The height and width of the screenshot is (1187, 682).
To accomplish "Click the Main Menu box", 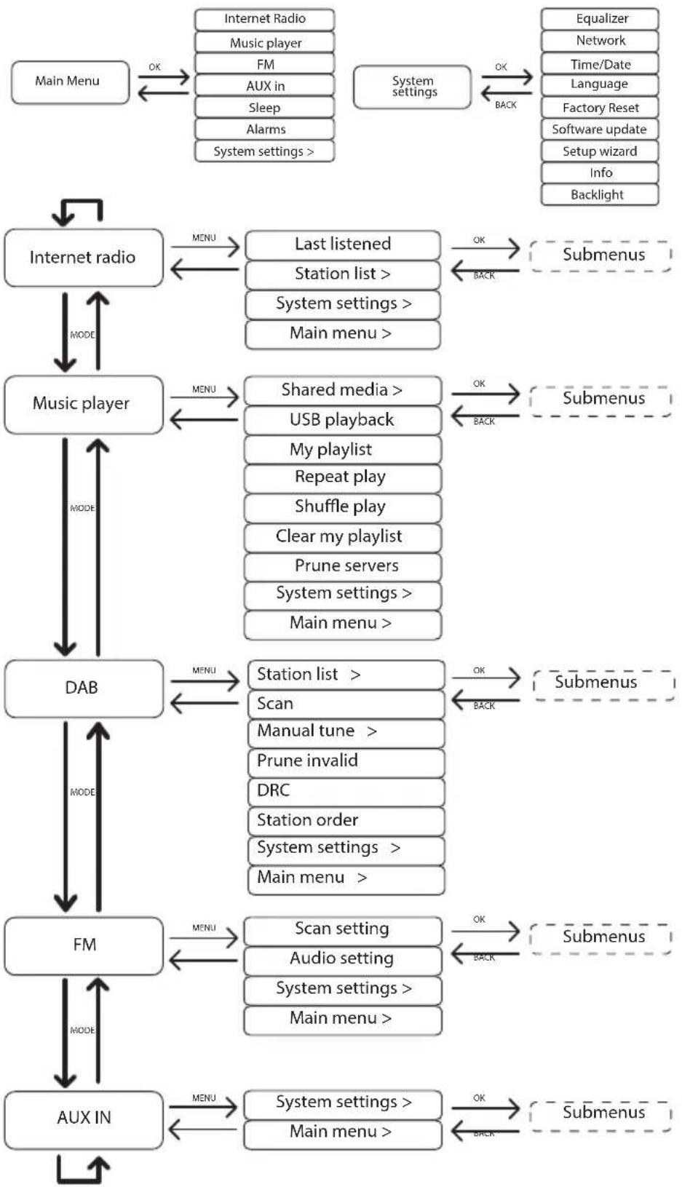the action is pyautogui.click(x=70, y=82).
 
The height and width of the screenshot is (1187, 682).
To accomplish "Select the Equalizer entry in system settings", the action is pyautogui.click(x=599, y=19).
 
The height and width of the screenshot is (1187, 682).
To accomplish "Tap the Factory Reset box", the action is pyautogui.click(x=599, y=108).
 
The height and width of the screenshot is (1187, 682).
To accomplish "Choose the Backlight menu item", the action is pyautogui.click(x=599, y=194).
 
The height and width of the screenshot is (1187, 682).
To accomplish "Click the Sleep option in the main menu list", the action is pyautogui.click(x=264, y=108).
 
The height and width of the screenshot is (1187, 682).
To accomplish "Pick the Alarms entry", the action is pyautogui.click(x=264, y=130).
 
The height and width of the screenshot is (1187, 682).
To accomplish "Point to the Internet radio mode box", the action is pyautogui.click(x=83, y=258).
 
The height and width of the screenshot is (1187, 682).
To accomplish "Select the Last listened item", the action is pyautogui.click(x=343, y=245).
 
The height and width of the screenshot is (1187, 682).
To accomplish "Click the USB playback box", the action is pyautogui.click(x=342, y=420).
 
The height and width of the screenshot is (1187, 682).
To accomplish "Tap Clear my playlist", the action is pyautogui.click(x=342, y=537).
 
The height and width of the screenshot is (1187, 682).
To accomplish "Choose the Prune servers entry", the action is pyautogui.click(x=342, y=566).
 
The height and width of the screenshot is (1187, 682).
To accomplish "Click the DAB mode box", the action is pyautogui.click(x=84, y=688).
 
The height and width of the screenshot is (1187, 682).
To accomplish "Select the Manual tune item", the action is pyautogui.click(x=346, y=732).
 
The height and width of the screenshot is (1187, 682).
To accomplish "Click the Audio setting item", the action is pyautogui.click(x=342, y=960).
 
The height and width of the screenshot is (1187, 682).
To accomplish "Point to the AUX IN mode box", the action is pyautogui.click(x=84, y=1120).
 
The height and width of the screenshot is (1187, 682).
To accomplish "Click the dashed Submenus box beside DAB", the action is pyautogui.click(x=603, y=685).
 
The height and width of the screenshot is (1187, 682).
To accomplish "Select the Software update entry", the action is pyautogui.click(x=599, y=130).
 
